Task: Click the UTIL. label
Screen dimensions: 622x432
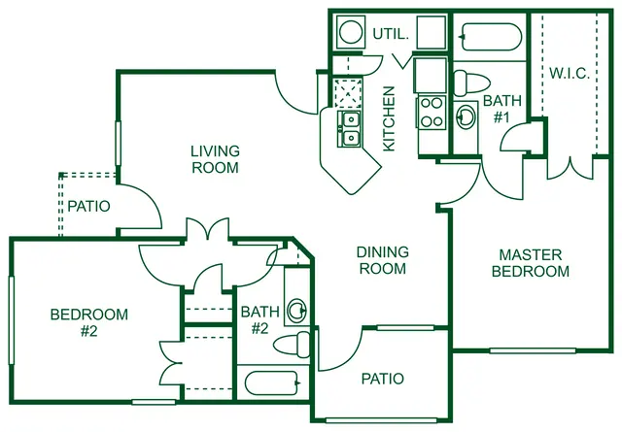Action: pyautogui.click(x=391, y=34)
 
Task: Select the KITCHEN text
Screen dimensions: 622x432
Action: pyautogui.click(x=389, y=118)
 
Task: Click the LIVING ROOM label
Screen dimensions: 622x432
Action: pyautogui.click(x=215, y=159)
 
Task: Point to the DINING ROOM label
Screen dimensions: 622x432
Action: pyautogui.click(x=383, y=260)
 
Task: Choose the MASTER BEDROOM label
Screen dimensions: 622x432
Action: pyautogui.click(x=531, y=263)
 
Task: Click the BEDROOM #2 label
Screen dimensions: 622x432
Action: pyautogui.click(x=89, y=322)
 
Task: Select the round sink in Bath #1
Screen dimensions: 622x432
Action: pyautogui.click(x=466, y=116)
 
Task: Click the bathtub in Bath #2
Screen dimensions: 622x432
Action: pyautogui.click(x=272, y=382)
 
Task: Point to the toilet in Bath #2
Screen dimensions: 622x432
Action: pyautogui.click(x=292, y=344)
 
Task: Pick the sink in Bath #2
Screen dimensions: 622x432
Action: pyautogui.click(x=297, y=311)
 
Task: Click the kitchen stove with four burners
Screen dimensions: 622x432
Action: pyautogui.click(x=432, y=112)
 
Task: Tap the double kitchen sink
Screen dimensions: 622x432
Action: pyautogui.click(x=349, y=129)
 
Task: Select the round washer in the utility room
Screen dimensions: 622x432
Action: pyautogui.click(x=351, y=32)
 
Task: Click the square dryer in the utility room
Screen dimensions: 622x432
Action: pyautogui.click(x=431, y=32)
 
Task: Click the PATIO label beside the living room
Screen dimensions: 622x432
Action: pyautogui.click(x=88, y=206)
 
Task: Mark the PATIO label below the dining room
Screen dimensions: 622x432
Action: pyautogui.click(x=383, y=379)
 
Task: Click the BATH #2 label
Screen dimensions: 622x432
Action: pyautogui.click(x=260, y=319)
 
